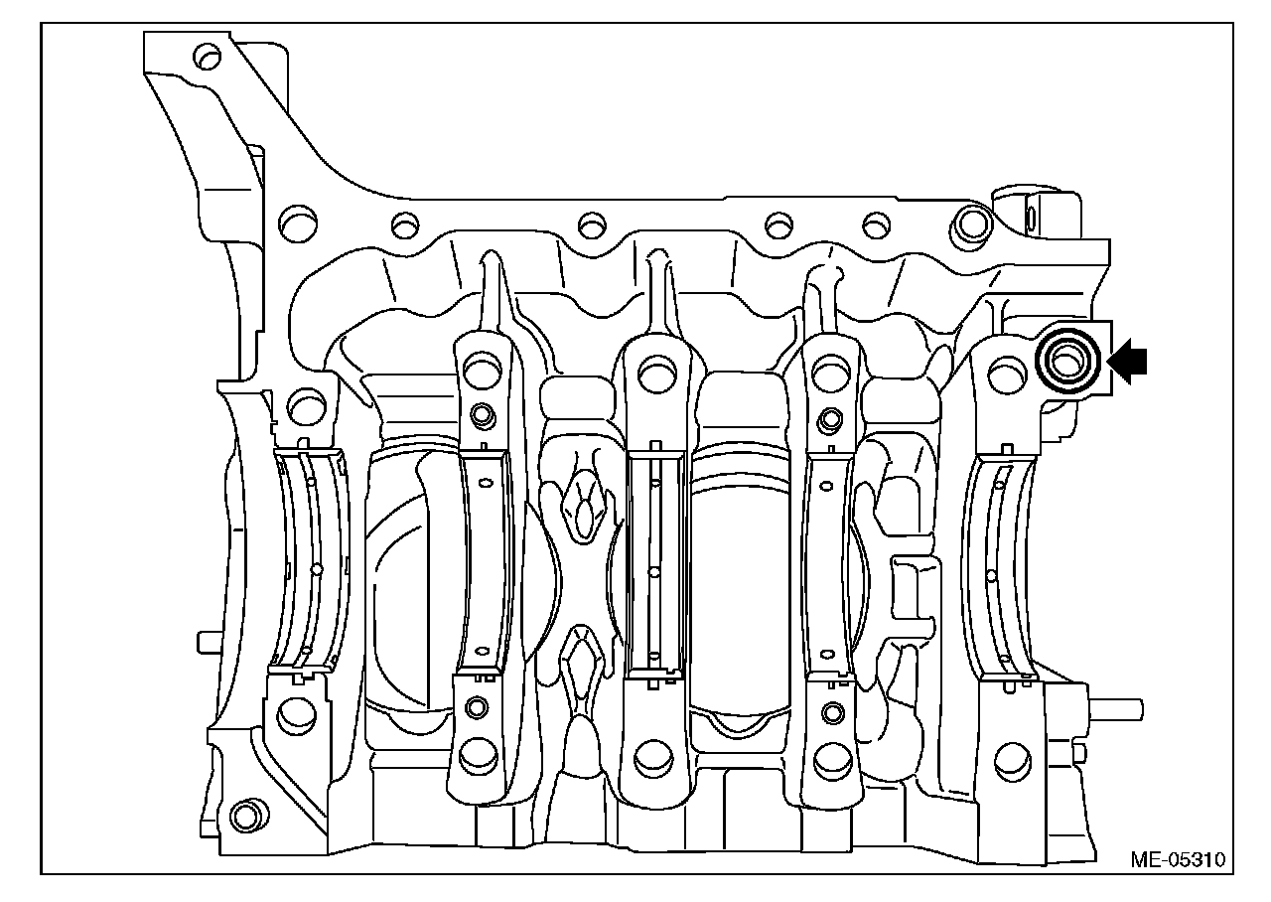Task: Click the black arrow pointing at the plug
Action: [x=1127, y=361]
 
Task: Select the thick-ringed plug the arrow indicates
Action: [x=1067, y=361]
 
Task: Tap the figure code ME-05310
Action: [x=1178, y=860]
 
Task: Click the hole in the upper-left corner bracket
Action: [x=207, y=57]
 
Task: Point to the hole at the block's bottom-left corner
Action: [x=246, y=817]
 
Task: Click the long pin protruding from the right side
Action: [x=1116, y=709]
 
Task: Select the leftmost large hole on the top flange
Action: [x=298, y=224]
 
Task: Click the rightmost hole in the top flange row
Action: [x=971, y=224]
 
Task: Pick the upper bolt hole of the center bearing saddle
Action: [x=657, y=375]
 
